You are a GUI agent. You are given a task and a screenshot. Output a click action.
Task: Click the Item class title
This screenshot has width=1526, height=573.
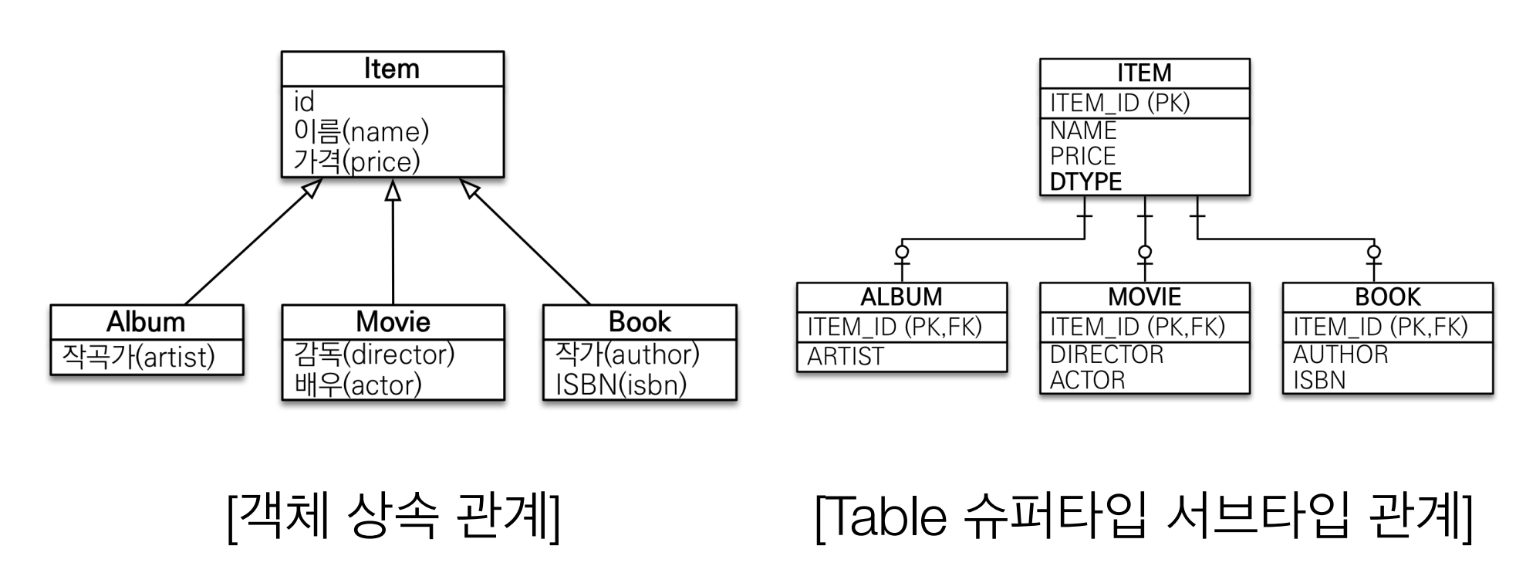point(392,69)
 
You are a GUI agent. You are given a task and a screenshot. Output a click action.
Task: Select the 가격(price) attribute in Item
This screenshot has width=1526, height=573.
point(357,162)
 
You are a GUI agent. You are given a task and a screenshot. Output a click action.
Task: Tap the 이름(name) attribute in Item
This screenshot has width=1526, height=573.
point(361,131)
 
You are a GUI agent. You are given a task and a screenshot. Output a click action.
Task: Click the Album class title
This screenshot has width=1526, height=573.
point(146,321)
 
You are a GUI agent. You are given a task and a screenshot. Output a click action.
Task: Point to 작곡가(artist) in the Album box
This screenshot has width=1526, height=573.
point(138,357)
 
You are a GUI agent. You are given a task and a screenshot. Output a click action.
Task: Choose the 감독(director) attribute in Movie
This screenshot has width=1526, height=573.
point(374,354)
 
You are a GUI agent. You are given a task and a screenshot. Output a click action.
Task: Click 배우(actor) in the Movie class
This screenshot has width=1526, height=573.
point(358,385)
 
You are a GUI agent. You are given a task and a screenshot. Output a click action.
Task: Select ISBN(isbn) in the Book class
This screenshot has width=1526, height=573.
point(621,385)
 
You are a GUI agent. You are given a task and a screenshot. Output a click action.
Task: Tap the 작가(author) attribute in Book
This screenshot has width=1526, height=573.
point(627,354)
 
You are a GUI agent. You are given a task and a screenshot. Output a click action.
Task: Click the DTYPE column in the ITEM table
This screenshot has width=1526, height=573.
point(1085,182)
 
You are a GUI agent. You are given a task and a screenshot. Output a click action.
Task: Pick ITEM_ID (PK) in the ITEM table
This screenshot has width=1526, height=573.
point(1119,103)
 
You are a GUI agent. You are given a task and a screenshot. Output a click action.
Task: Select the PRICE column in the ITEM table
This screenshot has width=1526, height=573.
point(1082,156)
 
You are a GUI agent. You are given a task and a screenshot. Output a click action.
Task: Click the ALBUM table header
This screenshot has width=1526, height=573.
point(901,297)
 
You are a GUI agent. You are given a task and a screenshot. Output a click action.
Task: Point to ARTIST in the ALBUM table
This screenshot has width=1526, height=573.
point(846,356)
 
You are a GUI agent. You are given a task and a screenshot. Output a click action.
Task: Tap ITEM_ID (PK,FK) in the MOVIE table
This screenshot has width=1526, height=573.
point(1137,327)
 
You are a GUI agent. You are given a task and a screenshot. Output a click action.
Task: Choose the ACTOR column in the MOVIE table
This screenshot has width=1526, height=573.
point(1087,380)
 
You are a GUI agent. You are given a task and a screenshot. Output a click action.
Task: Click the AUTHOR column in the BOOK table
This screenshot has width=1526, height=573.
point(1340,354)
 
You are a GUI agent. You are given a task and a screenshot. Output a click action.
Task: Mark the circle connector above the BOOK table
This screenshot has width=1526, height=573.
point(1374,252)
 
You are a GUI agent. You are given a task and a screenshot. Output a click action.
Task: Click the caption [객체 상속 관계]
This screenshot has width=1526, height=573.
point(393,516)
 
